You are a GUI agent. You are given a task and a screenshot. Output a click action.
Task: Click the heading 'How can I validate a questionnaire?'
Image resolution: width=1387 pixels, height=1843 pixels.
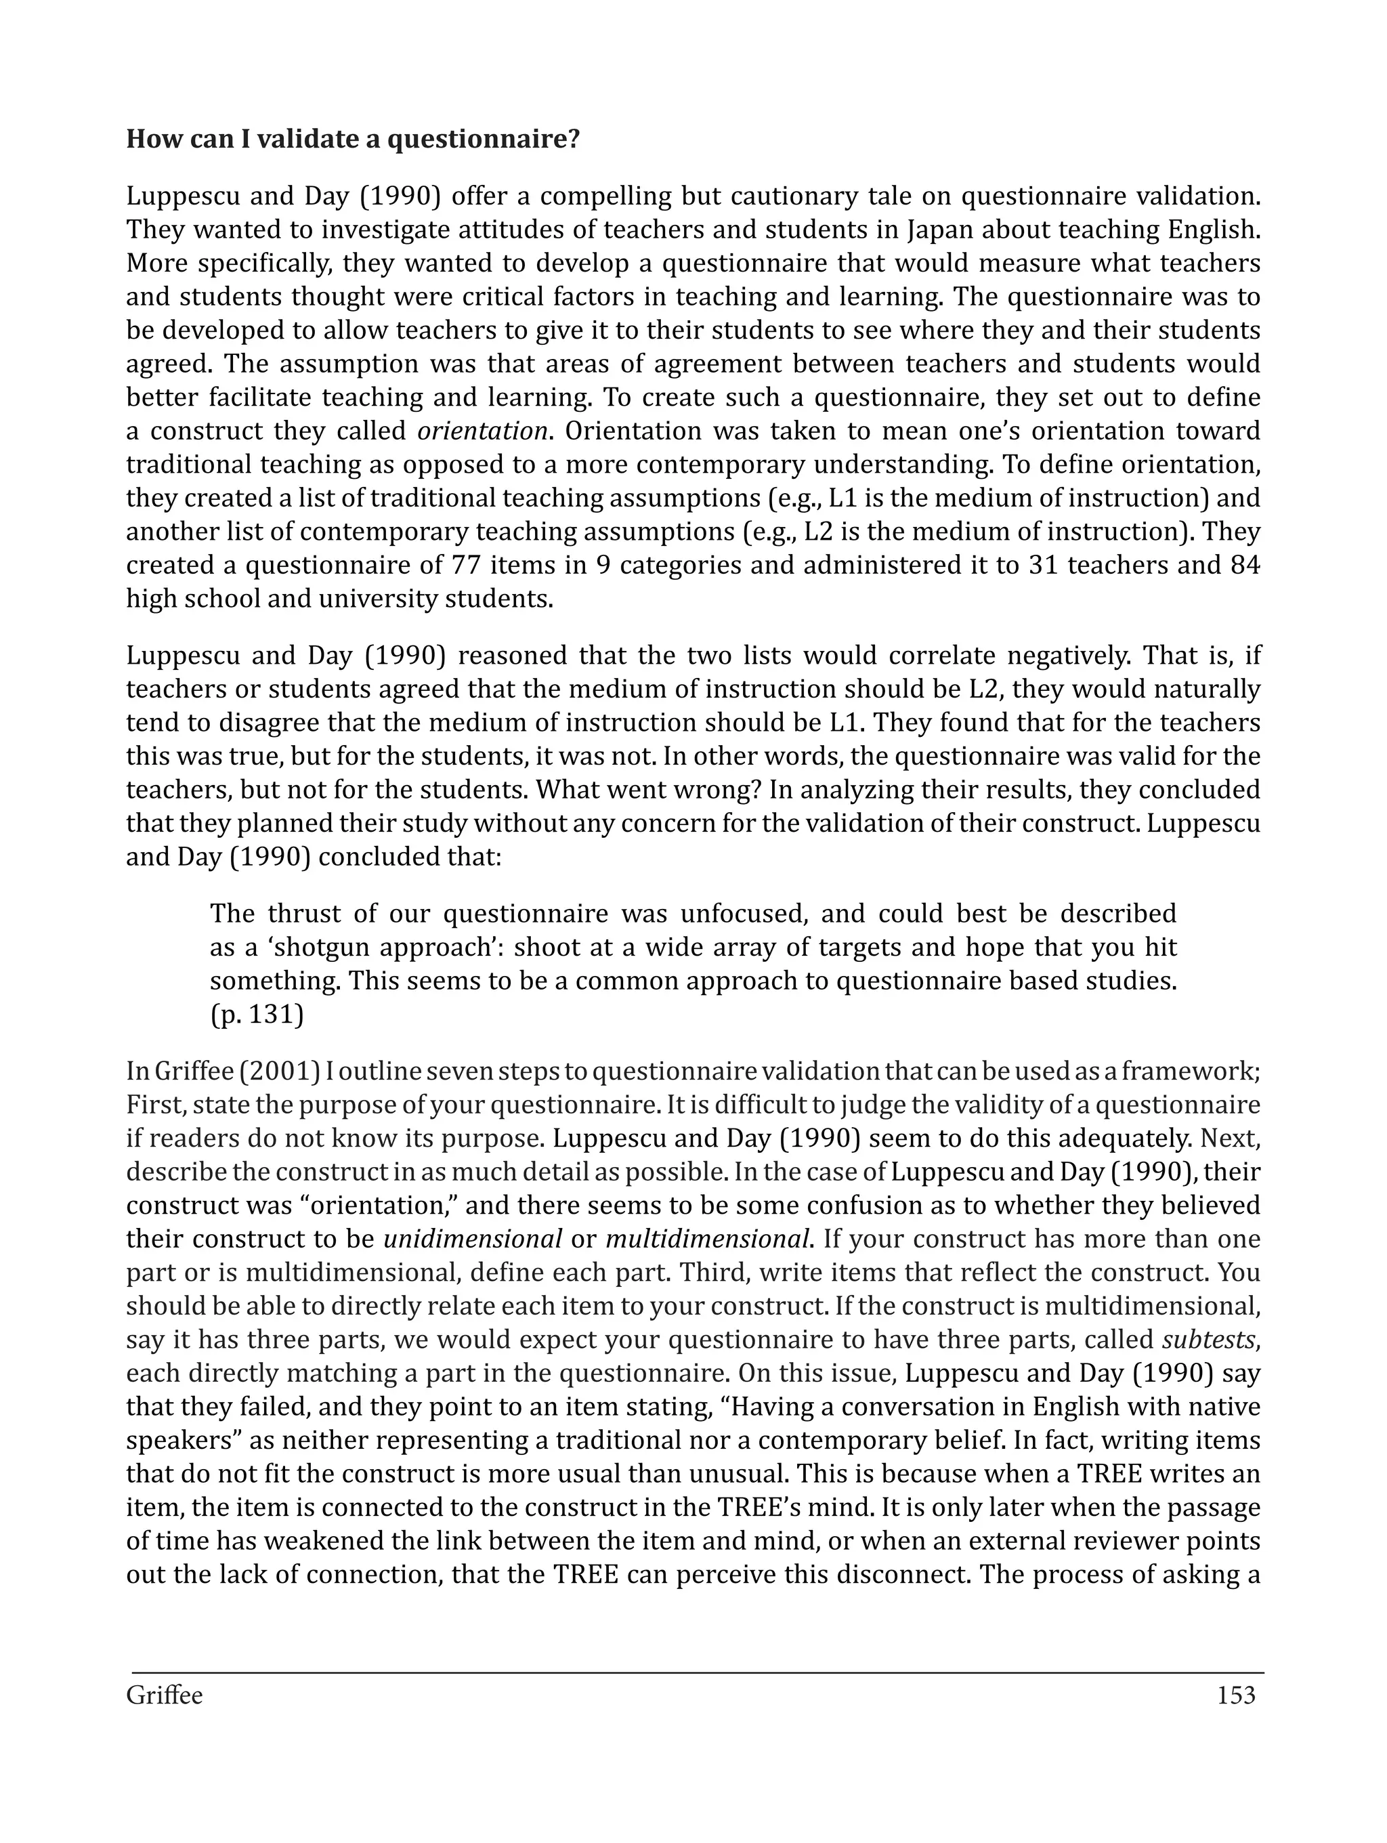pyautogui.click(x=351, y=138)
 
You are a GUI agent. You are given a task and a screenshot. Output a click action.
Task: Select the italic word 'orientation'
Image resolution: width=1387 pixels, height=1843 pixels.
pyautogui.click(x=482, y=431)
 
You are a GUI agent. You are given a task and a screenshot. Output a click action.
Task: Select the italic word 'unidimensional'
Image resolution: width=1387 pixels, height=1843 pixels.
pyautogui.click(x=472, y=1239)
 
